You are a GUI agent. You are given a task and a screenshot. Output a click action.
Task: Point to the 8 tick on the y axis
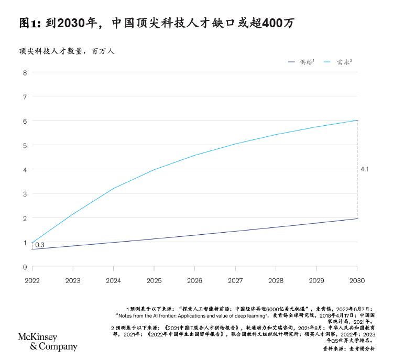pyautogui.click(x=24, y=72)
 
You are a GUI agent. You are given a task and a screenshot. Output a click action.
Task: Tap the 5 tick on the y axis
pyautogui.click(x=24, y=145)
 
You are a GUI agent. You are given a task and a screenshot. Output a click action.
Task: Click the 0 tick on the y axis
pyautogui.click(x=24, y=267)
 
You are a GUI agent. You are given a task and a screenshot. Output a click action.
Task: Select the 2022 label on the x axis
pyautogui.click(x=32, y=280)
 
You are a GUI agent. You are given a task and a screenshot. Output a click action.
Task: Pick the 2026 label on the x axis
pyautogui.click(x=194, y=280)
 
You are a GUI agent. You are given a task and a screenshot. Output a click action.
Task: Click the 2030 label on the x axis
pyautogui.click(x=357, y=280)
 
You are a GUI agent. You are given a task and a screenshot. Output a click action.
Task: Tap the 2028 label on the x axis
pyautogui.click(x=276, y=280)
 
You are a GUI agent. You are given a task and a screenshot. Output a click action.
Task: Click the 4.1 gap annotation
pyautogui.click(x=365, y=169)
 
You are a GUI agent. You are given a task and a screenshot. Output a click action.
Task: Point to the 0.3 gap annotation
pyautogui.click(x=39, y=245)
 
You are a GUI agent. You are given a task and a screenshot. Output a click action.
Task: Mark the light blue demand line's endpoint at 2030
pyautogui.click(x=357, y=121)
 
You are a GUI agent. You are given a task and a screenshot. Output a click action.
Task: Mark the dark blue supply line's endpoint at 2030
pyautogui.click(x=357, y=219)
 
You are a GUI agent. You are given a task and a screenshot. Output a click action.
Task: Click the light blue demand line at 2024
pyautogui.click(x=113, y=188)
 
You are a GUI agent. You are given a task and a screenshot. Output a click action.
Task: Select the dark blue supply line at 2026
pyautogui.click(x=194, y=235)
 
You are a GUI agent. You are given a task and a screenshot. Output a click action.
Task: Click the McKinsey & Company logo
pyautogui.click(x=48, y=341)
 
